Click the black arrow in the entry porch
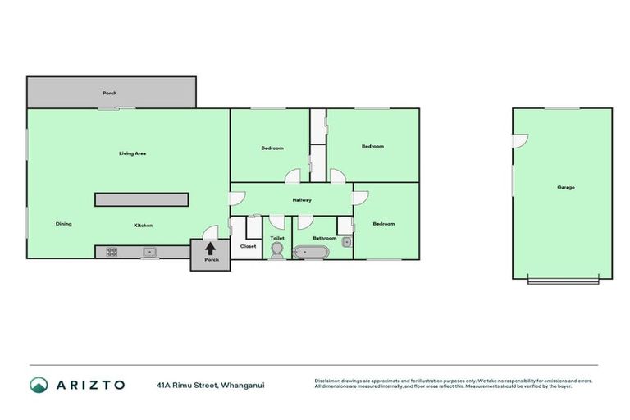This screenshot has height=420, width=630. pos(210,249)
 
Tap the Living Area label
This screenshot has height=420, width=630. pos(132,153)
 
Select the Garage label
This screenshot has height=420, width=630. pos(566,188)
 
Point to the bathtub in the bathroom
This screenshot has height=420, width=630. pos(313,252)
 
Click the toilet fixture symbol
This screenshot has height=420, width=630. pos(276,251)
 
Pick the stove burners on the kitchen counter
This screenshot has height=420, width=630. pos(112,252)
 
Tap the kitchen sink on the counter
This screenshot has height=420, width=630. pos(149,252)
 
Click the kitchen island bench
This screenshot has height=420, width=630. pos(142,199)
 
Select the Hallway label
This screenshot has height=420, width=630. pos(301,200)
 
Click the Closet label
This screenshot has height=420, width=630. pos(248,246)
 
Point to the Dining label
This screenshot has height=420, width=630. pos(63,224)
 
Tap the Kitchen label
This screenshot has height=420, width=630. pos(144,226)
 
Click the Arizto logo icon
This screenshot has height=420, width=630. pos(39,385)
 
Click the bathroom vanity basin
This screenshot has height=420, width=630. pos(347,242)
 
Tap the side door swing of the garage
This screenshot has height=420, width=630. pos(519,141)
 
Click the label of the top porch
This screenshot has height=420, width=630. pos(109,94)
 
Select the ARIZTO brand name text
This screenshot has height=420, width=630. pos(90,385)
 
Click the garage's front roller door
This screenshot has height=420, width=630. pos(563,281)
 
